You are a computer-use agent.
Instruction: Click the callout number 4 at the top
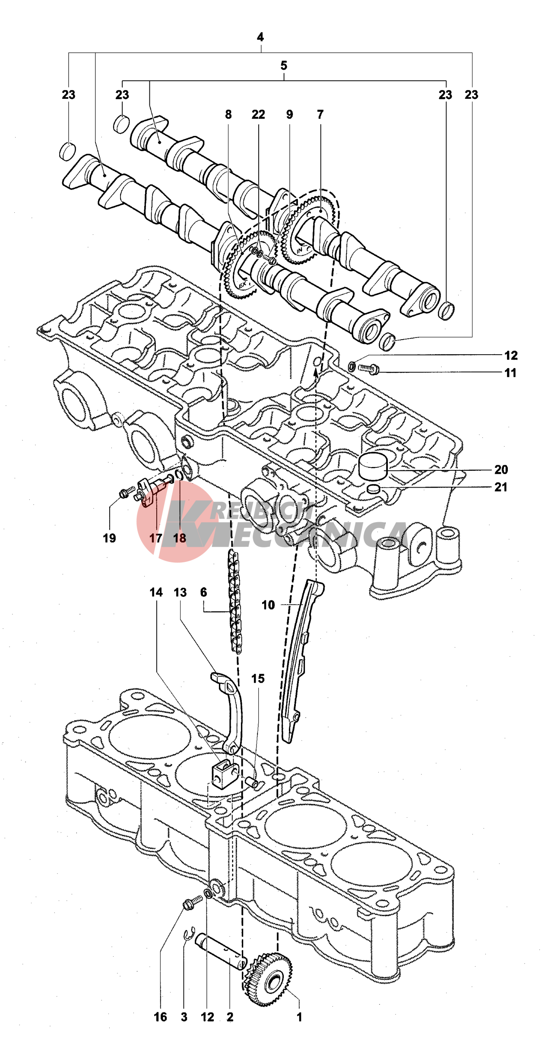click(260, 37)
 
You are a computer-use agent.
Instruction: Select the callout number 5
click(284, 66)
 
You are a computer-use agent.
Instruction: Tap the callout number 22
click(258, 114)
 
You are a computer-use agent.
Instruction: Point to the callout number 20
click(501, 470)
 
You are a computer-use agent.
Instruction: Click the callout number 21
click(501, 487)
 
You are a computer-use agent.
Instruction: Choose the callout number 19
click(109, 538)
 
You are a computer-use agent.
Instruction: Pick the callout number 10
click(268, 605)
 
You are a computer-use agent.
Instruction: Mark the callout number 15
click(258, 679)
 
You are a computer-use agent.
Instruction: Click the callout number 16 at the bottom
click(160, 1017)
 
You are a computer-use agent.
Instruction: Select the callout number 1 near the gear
click(299, 1017)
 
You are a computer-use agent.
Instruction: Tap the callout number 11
click(510, 373)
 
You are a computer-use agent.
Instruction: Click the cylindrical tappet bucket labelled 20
click(373, 466)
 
